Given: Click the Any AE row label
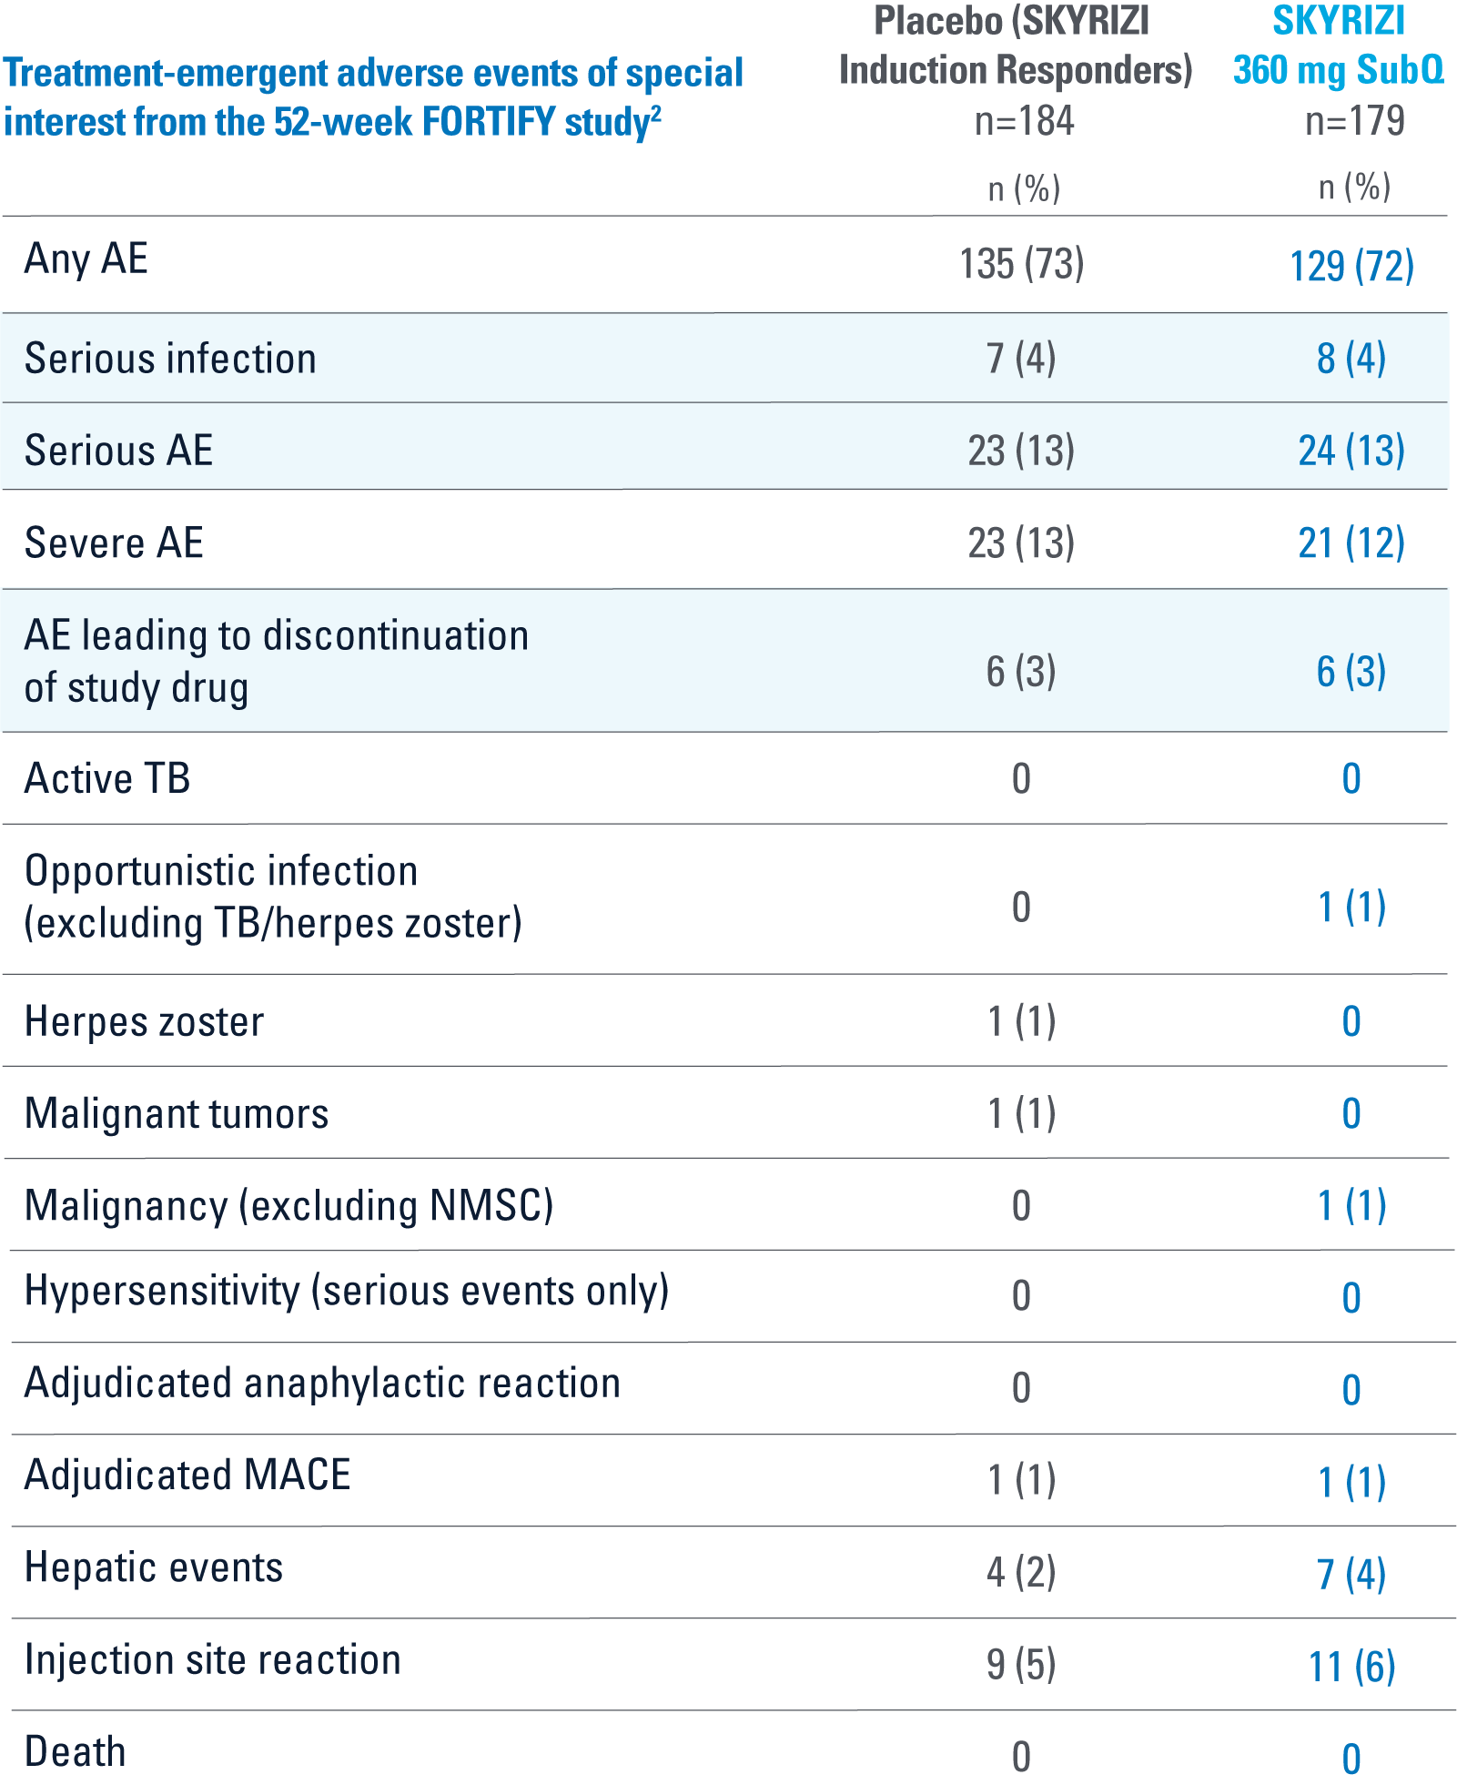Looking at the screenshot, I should [86, 259].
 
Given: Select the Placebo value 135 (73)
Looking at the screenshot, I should [1021, 265].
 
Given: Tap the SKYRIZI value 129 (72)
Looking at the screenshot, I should [1351, 267].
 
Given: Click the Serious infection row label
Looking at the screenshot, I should [170, 359].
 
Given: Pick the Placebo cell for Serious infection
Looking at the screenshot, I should [1021, 359].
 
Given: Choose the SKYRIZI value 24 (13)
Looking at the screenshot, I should [1351, 451].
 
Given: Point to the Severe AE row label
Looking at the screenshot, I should [114, 543].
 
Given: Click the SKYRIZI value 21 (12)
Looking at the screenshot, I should [1351, 543].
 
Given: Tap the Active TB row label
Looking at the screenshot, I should [107, 779].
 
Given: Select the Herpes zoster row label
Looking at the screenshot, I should [144, 1022].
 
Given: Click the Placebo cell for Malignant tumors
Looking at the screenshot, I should [1021, 1114].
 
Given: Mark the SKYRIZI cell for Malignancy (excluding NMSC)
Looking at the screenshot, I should [1351, 1206].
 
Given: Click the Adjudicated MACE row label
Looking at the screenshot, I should [187, 1476].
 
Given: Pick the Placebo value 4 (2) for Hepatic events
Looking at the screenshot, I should [1021, 1573].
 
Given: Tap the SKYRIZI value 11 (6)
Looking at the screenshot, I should [1351, 1667].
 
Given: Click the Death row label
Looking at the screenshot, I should [76, 1752].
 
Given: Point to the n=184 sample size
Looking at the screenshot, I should [1024, 121].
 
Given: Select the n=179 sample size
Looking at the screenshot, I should [1354, 121].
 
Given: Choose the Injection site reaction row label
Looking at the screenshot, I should [212, 1660].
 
